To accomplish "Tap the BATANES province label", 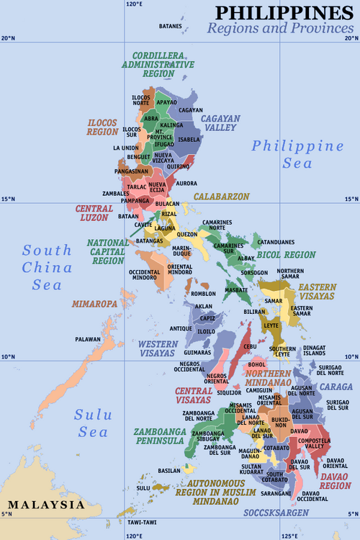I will point(171,27).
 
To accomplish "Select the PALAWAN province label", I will point(88,338).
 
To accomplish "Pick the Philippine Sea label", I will point(297,155).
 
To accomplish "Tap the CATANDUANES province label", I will point(276,242).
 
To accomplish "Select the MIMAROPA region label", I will point(94,304).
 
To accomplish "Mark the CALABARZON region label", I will point(221,196).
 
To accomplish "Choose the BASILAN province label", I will point(168,470).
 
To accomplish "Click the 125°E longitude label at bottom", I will point(290,536).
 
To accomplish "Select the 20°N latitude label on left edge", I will point(7,37).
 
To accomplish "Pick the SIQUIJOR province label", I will point(229,393).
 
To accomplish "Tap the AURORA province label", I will point(186,184).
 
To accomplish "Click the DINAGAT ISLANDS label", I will point(314,351).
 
